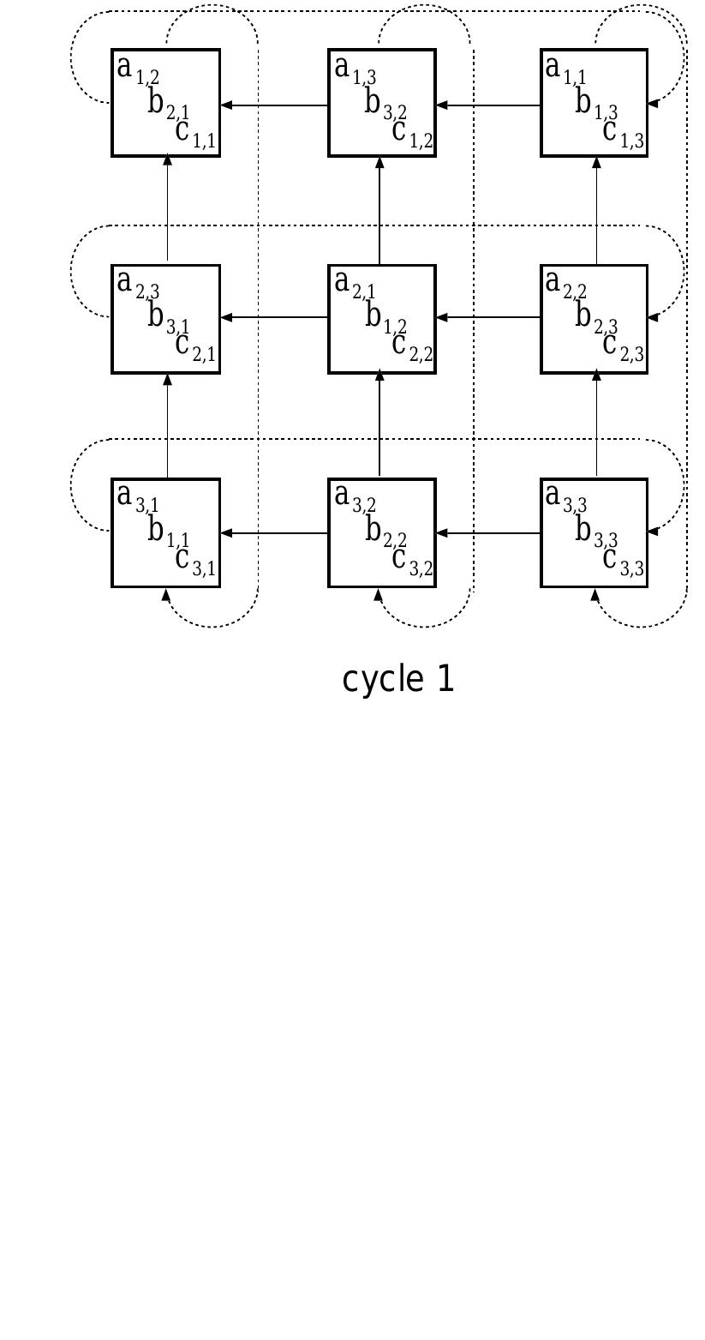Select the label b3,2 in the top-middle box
385,104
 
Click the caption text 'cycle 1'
397,679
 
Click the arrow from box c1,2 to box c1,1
274,105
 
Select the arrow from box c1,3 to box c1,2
488,105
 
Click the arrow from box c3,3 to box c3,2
488,533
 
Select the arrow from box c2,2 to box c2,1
274,318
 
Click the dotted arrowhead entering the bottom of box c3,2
379,594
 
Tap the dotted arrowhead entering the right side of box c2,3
653,317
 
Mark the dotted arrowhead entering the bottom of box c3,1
167,594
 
